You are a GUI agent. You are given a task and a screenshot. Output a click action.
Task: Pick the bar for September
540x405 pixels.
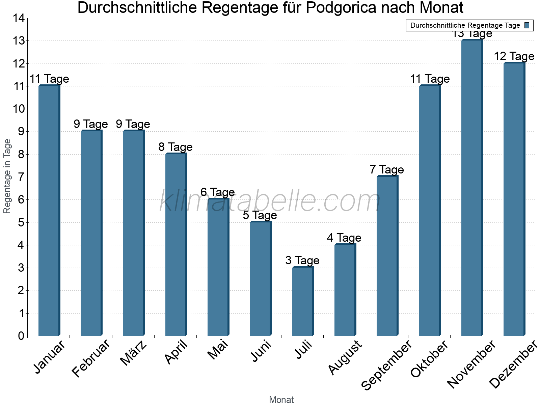tap(387, 256)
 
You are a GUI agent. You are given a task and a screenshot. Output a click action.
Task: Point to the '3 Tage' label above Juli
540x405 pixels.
tap(302, 260)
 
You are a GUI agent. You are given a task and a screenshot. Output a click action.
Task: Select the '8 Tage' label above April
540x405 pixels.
tap(175, 147)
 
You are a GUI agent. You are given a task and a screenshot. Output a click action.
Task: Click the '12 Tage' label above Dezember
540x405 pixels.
tap(514, 56)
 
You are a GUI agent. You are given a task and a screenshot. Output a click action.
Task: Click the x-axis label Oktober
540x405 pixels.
tap(429, 358)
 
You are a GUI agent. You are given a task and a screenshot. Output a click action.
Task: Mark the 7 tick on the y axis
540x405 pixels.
tap(21, 177)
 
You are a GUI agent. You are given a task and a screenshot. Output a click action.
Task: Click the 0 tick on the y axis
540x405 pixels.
tap(21, 336)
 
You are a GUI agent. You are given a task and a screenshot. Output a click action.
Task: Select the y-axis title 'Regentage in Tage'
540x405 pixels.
tap(7, 176)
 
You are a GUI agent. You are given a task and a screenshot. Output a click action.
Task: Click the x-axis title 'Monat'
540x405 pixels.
tap(281, 400)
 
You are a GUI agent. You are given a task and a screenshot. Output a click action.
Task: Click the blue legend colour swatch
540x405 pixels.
tap(527, 25)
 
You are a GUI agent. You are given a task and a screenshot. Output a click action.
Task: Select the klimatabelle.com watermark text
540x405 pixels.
tap(270, 201)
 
